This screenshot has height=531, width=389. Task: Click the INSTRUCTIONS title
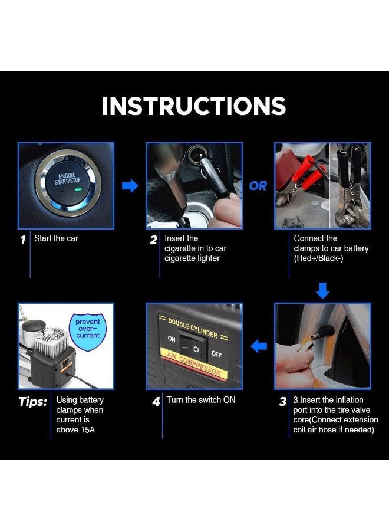click(x=194, y=106)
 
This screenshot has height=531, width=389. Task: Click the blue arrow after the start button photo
click(x=130, y=186)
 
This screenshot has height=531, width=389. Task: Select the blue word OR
click(x=258, y=186)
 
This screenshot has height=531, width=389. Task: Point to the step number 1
click(x=23, y=240)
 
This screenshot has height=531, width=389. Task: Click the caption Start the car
click(x=56, y=238)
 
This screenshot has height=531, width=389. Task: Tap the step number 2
click(x=153, y=240)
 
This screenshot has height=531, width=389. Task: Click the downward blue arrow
click(x=323, y=290)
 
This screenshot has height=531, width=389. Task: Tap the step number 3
click(x=283, y=402)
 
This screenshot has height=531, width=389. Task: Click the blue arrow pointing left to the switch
click(x=259, y=346)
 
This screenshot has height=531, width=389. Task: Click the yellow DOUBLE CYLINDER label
click(x=193, y=327)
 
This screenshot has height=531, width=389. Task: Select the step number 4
click(x=156, y=402)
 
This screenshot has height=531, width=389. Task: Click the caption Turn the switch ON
click(x=201, y=400)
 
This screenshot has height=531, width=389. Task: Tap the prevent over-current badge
click(x=88, y=329)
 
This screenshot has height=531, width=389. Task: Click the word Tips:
click(x=33, y=402)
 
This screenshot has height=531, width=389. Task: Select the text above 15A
click(x=75, y=430)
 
